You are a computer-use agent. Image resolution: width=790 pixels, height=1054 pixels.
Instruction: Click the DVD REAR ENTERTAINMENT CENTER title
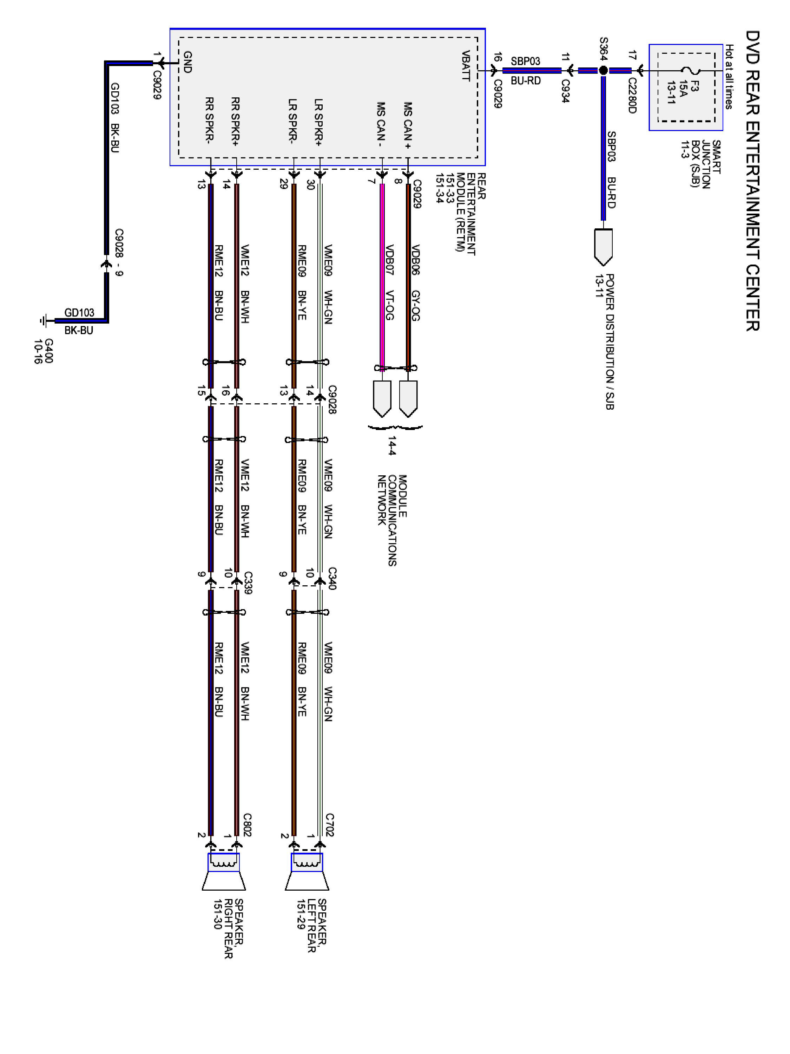(752, 181)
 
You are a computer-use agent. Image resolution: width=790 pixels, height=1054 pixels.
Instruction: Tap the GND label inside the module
(187, 62)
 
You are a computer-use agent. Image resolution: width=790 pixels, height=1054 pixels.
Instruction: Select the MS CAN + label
(408, 125)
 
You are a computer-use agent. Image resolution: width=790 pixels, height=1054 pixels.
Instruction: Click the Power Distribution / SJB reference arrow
(603, 247)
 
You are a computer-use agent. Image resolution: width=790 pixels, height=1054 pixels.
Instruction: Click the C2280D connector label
(632, 95)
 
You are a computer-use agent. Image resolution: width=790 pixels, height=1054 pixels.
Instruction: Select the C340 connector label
(332, 578)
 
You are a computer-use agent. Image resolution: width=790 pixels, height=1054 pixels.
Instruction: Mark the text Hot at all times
(729, 77)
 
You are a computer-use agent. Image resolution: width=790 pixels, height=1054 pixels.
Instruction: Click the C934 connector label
(565, 91)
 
